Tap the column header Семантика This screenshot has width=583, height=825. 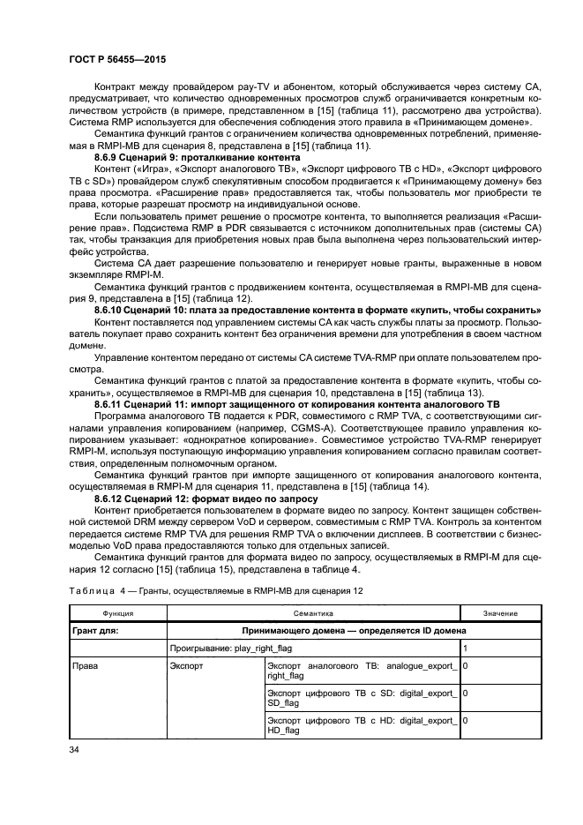[x=313, y=611]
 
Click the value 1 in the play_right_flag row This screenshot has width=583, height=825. [x=465, y=648]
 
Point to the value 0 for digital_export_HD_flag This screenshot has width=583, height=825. [x=465, y=720]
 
